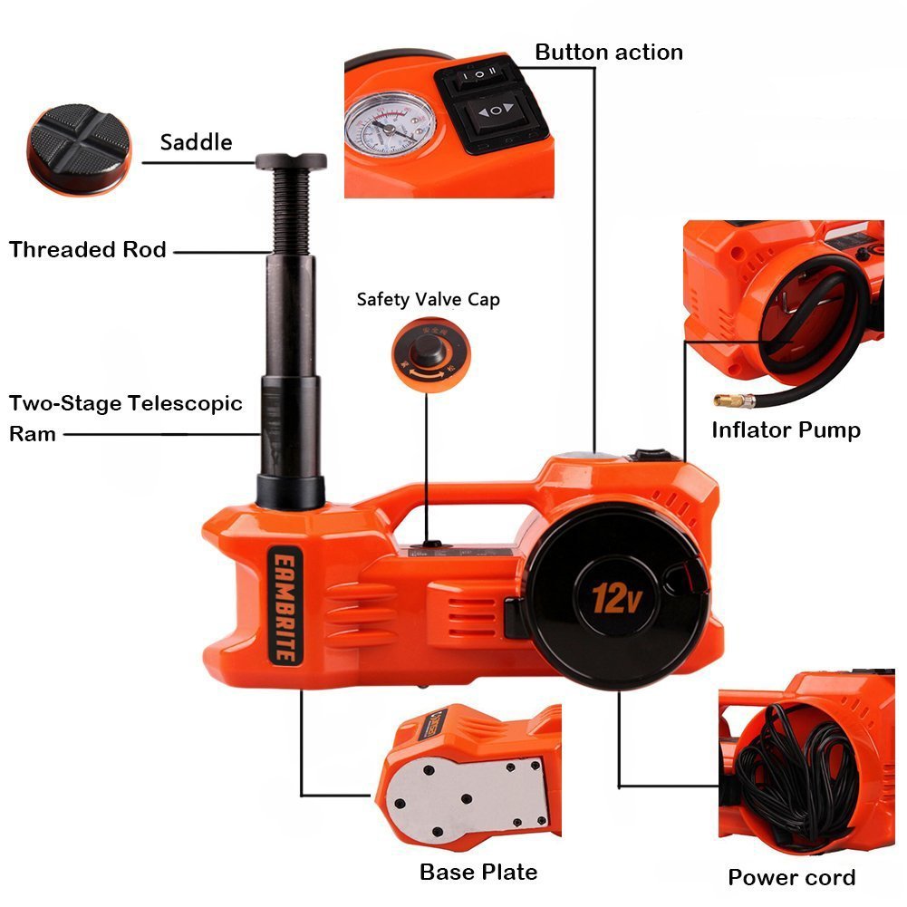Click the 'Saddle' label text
[196, 142]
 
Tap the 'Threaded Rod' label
[88, 249]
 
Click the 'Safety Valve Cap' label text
[428, 299]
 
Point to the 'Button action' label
[609, 52]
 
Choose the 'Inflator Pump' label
[786, 429]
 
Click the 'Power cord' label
[791, 877]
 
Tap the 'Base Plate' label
[478, 872]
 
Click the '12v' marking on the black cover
[613, 597]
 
